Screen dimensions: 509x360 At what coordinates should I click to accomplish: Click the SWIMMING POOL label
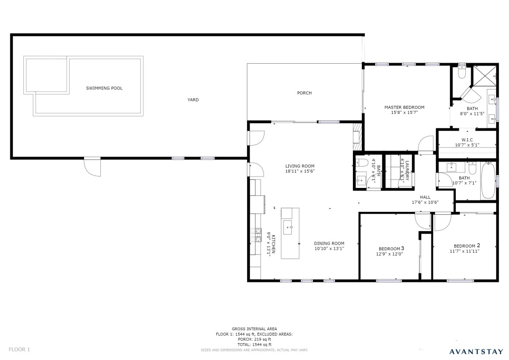click(x=104, y=88)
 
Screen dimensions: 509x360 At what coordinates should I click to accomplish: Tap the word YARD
click(x=193, y=99)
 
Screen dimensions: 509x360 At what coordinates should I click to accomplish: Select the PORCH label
click(x=305, y=93)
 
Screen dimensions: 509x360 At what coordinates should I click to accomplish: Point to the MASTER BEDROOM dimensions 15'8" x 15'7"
click(x=404, y=113)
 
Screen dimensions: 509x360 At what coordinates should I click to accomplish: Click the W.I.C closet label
click(x=467, y=140)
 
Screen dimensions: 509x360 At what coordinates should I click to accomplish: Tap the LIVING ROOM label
click(x=300, y=166)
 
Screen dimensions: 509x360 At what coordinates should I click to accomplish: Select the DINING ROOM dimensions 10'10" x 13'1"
click(x=329, y=249)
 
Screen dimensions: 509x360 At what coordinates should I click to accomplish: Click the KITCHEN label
click(x=274, y=244)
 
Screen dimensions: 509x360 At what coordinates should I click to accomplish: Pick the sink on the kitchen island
click(x=288, y=227)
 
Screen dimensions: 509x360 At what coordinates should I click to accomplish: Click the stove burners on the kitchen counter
click(x=256, y=235)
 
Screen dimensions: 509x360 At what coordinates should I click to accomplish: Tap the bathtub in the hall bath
click(x=488, y=181)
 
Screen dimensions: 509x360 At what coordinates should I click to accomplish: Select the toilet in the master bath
click(x=461, y=72)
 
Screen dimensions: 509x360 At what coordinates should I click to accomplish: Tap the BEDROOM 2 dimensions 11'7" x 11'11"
click(x=465, y=251)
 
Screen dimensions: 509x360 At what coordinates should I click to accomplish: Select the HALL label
click(x=425, y=197)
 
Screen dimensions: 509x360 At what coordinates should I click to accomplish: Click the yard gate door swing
click(x=92, y=167)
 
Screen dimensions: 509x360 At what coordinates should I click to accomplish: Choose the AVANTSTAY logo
click(x=476, y=351)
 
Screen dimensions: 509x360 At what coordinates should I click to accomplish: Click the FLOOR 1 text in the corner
click(x=19, y=350)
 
